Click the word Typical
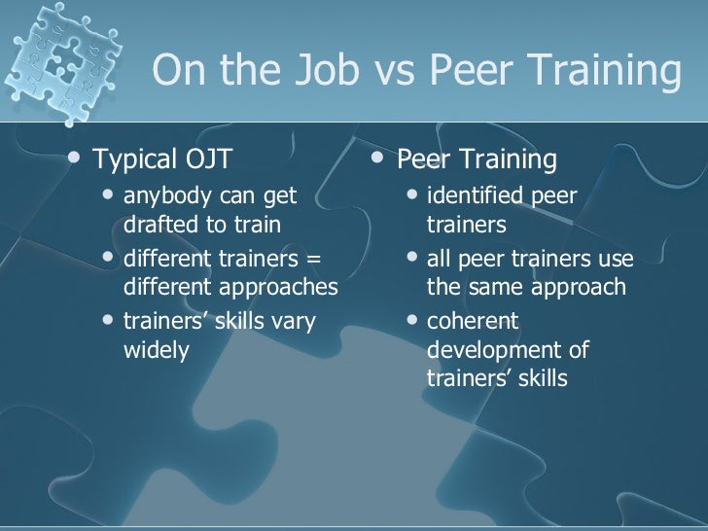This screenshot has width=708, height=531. pyautogui.click(x=134, y=159)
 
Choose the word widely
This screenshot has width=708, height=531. pyautogui.click(x=156, y=350)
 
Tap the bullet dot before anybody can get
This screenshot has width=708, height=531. pyautogui.click(x=111, y=196)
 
